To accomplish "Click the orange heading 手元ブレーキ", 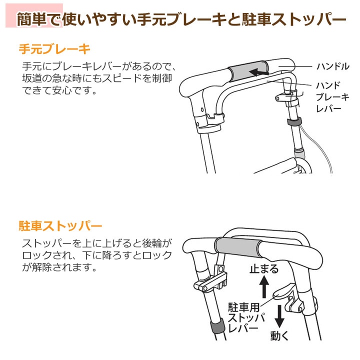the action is pos(54,49).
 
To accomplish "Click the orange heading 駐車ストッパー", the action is pos(60,226).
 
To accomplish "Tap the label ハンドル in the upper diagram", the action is pos(333,66).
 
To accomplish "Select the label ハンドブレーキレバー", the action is pos(332,97).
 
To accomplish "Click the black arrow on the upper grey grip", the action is pos(259,73).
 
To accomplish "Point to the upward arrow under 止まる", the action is pos(264,286).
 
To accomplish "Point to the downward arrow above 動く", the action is pos(279,316).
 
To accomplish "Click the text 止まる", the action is pos(264,268).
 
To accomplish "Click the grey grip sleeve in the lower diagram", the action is pos(238,247).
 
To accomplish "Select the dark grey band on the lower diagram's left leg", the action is pos(217,326).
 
